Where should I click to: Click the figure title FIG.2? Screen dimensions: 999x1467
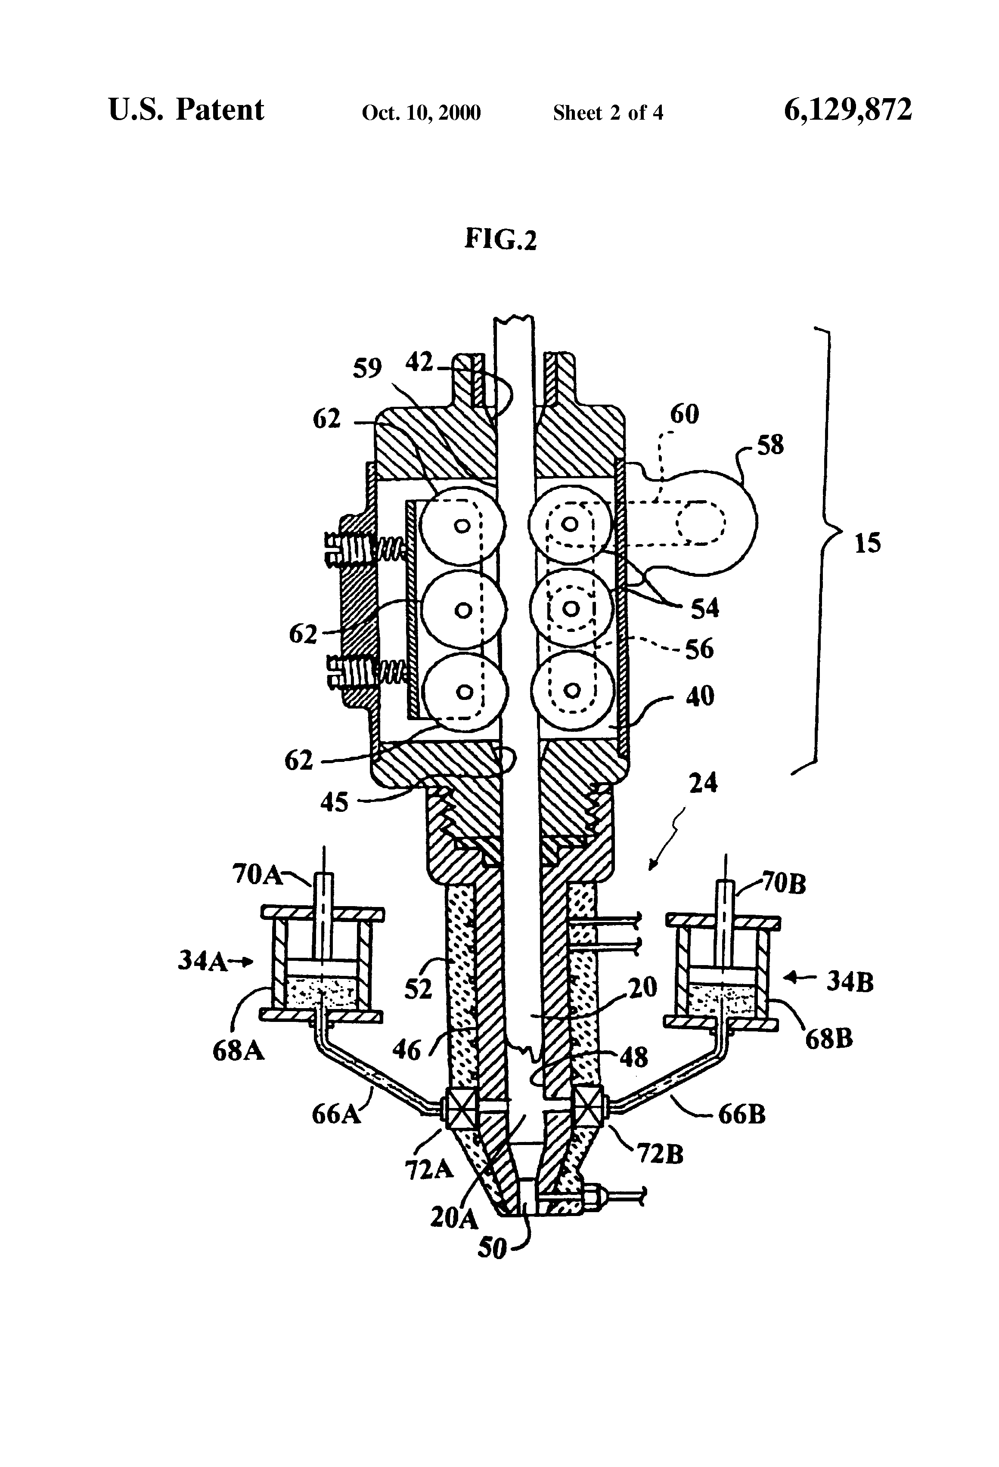coord(500,239)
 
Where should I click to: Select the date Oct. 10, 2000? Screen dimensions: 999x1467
coord(421,113)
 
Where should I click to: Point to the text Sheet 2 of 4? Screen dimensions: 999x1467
coord(608,113)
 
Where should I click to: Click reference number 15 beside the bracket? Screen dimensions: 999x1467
coord(867,543)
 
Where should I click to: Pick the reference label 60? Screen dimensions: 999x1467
coord(685,414)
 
